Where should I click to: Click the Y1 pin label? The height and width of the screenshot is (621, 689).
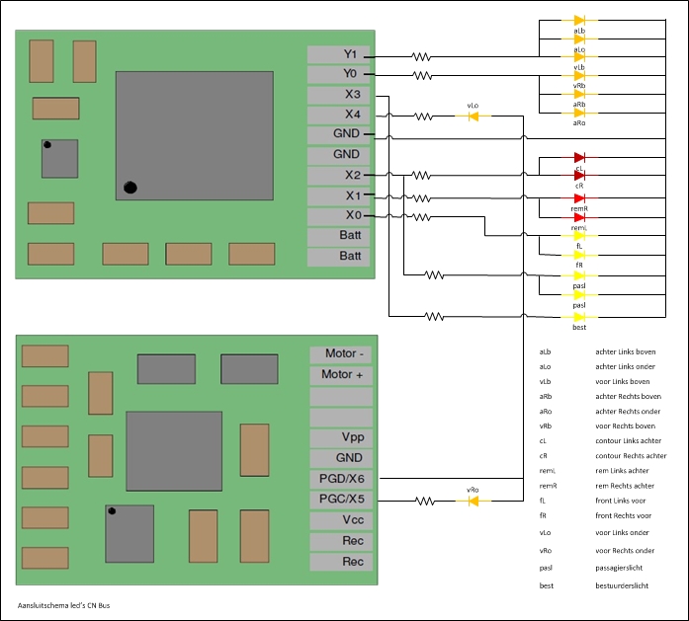click(339, 54)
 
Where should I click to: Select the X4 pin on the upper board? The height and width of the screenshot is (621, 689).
click(339, 116)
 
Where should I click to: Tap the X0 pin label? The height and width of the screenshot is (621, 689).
click(339, 216)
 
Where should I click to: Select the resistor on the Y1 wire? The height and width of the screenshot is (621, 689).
click(422, 56)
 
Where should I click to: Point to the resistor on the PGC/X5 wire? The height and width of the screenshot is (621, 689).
click(425, 501)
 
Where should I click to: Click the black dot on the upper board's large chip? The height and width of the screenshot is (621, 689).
click(130, 187)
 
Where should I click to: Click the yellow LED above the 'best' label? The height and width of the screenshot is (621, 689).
click(579, 315)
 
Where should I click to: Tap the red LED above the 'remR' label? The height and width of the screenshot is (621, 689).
click(579, 196)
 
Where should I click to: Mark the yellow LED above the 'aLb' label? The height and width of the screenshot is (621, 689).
click(579, 20)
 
